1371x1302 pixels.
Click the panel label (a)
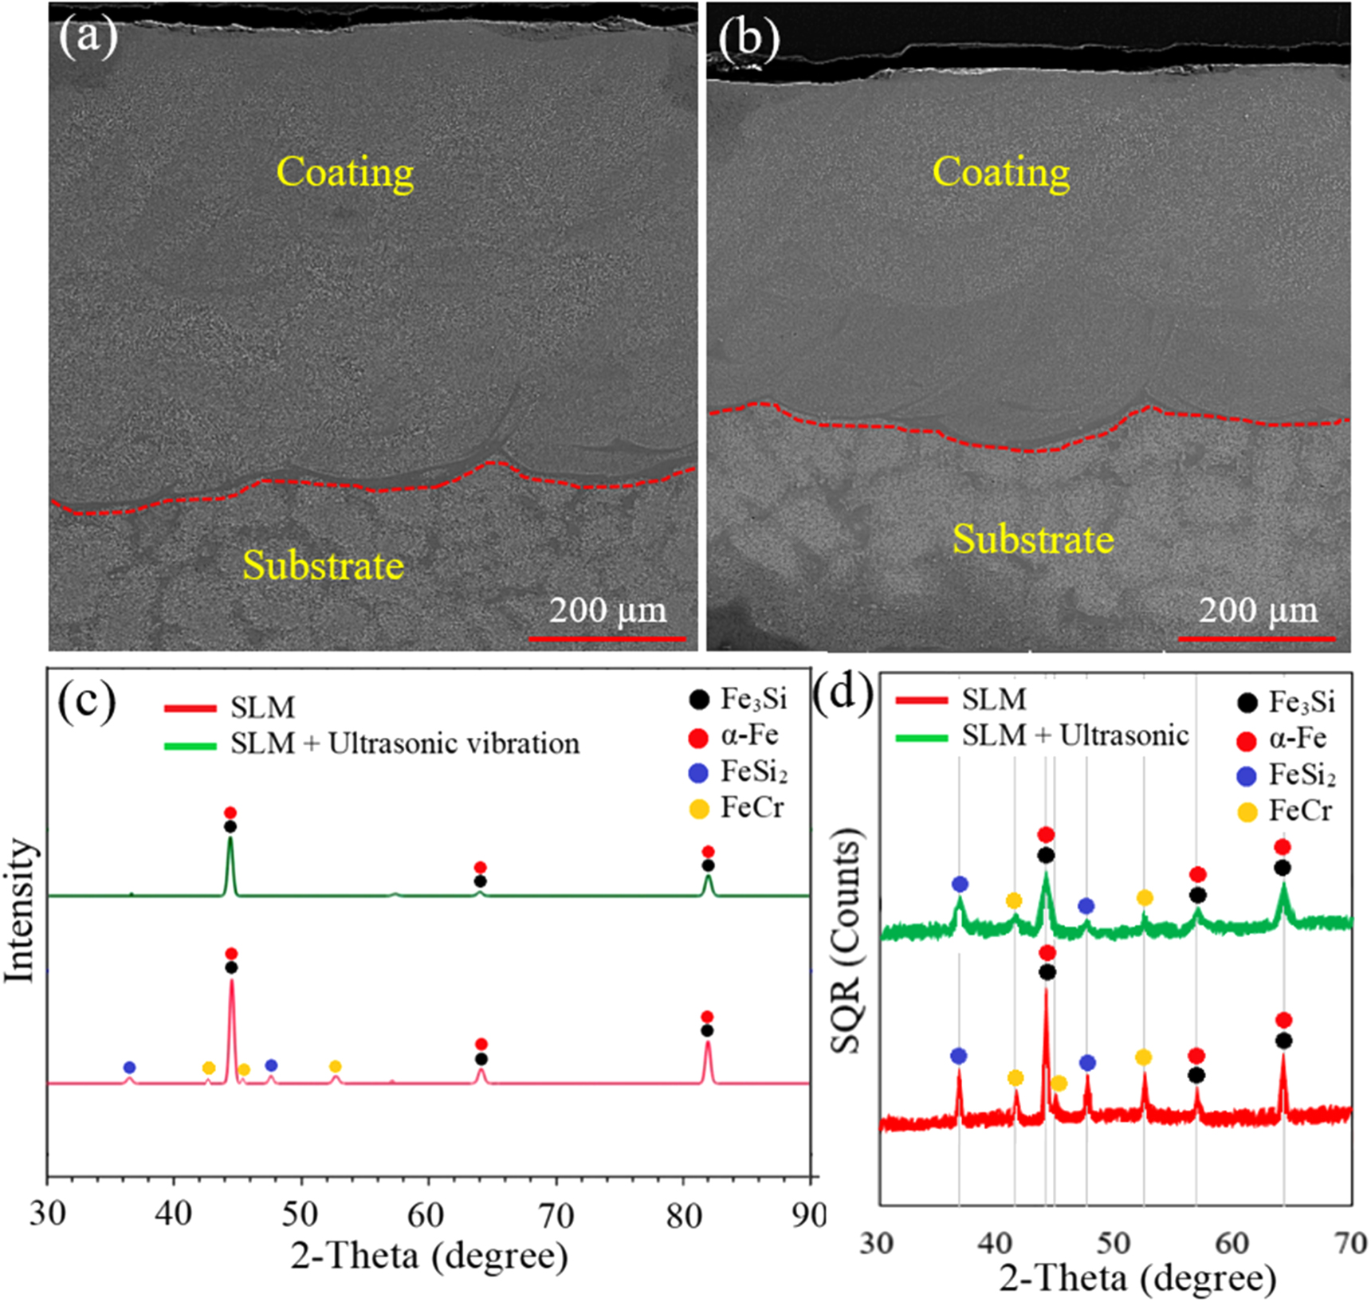pos(88,37)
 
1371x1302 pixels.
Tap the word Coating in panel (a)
pos(344,172)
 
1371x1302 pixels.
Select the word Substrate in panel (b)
pos(1033,539)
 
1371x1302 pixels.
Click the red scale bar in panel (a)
pos(607,638)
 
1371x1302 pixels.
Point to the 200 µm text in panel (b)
pos(1258,610)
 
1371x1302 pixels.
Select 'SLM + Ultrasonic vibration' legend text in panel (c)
pos(405,743)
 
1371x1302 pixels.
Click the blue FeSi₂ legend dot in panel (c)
pos(698,773)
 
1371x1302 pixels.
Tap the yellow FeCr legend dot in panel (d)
pos(1247,812)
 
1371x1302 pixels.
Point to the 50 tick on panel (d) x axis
pos(1114,1242)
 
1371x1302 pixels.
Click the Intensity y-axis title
pos(21,909)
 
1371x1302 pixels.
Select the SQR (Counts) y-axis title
pos(848,940)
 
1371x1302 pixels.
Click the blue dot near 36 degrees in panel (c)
pos(130,1068)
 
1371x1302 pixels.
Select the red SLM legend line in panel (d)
pos(921,701)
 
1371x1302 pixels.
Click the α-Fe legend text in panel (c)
pos(749,735)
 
